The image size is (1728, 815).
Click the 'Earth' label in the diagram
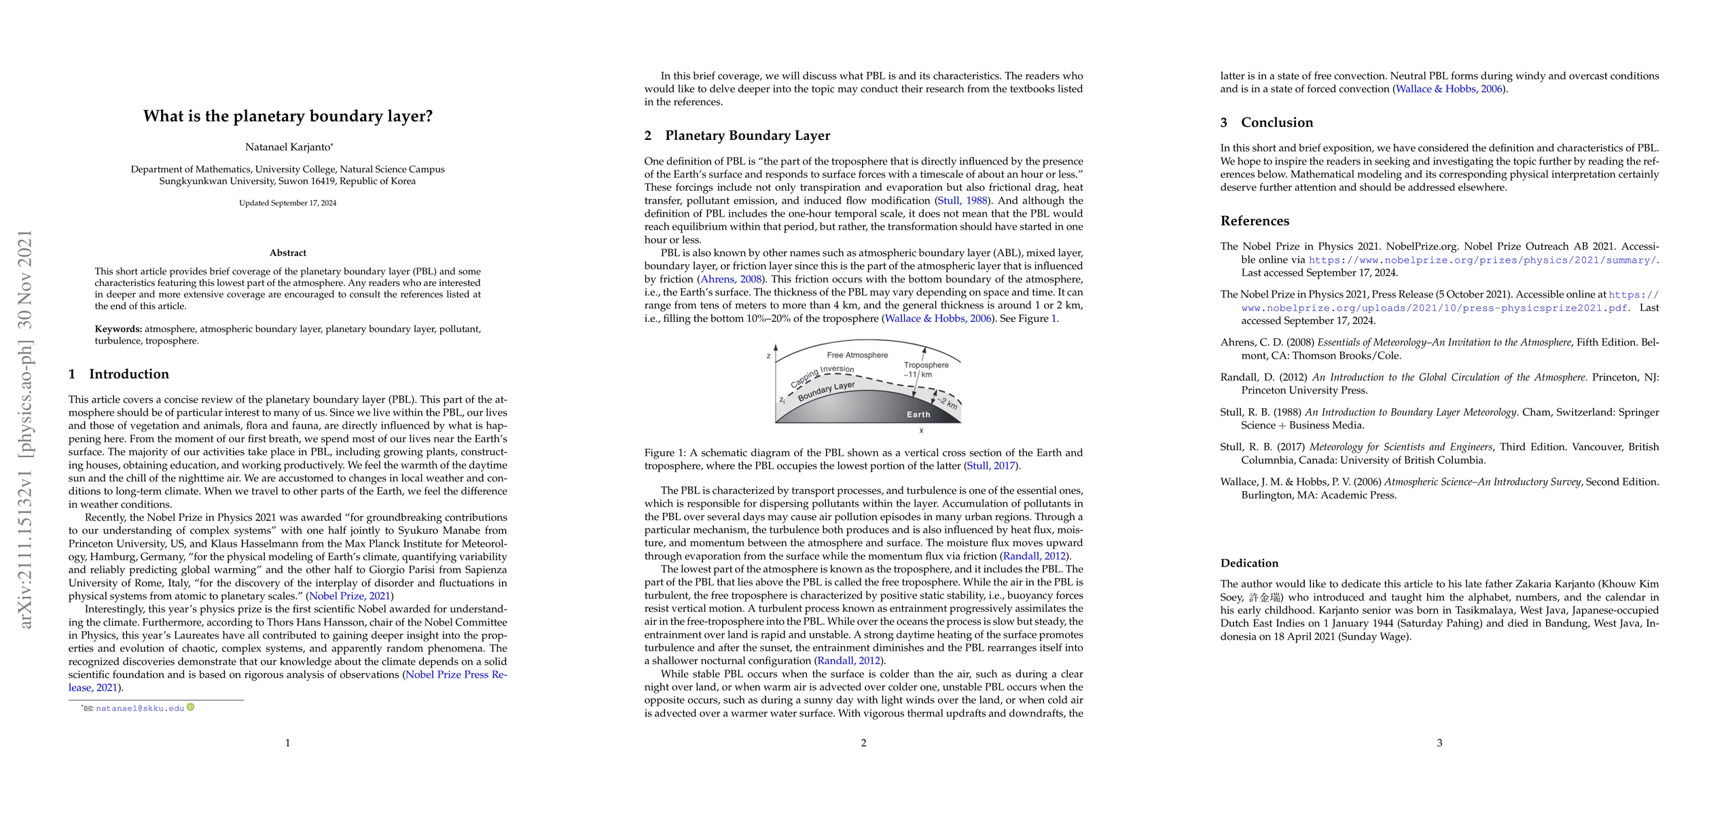pyautogui.click(x=918, y=414)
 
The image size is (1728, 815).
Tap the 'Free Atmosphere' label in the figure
pyautogui.click(x=857, y=355)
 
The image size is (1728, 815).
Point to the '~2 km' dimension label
pyautogui.click(x=948, y=403)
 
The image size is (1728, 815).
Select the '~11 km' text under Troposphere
pyautogui.click(x=918, y=375)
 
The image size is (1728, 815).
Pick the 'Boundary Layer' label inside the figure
pyautogui.click(x=826, y=391)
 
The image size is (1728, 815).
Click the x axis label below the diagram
pyautogui.click(x=920, y=431)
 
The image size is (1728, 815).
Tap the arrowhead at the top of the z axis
pyautogui.click(x=776, y=347)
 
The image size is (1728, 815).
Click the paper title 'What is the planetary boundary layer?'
pyautogui.click(x=288, y=116)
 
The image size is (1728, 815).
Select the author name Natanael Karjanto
pyautogui.click(x=288, y=147)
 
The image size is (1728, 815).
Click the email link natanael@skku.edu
pyautogui.click(x=140, y=708)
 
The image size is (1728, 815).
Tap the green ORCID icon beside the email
pyautogui.click(x=191, y=708)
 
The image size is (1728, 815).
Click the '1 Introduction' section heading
pyautogui.click(x=120, y=374)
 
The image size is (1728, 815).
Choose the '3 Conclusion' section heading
pyautogui.click(x=1267, y=123)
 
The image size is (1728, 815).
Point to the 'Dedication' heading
pyautogui.click(x=1249, y=563)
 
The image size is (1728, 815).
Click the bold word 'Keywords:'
pyautogui.click(x=118, y=329)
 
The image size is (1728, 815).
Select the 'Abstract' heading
pyautogui.click(x=288, y=253)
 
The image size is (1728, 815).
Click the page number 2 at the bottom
pyautogui.click(x=863, y=743)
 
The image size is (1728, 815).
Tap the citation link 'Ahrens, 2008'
pyautogui.click(x=731, y=279)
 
